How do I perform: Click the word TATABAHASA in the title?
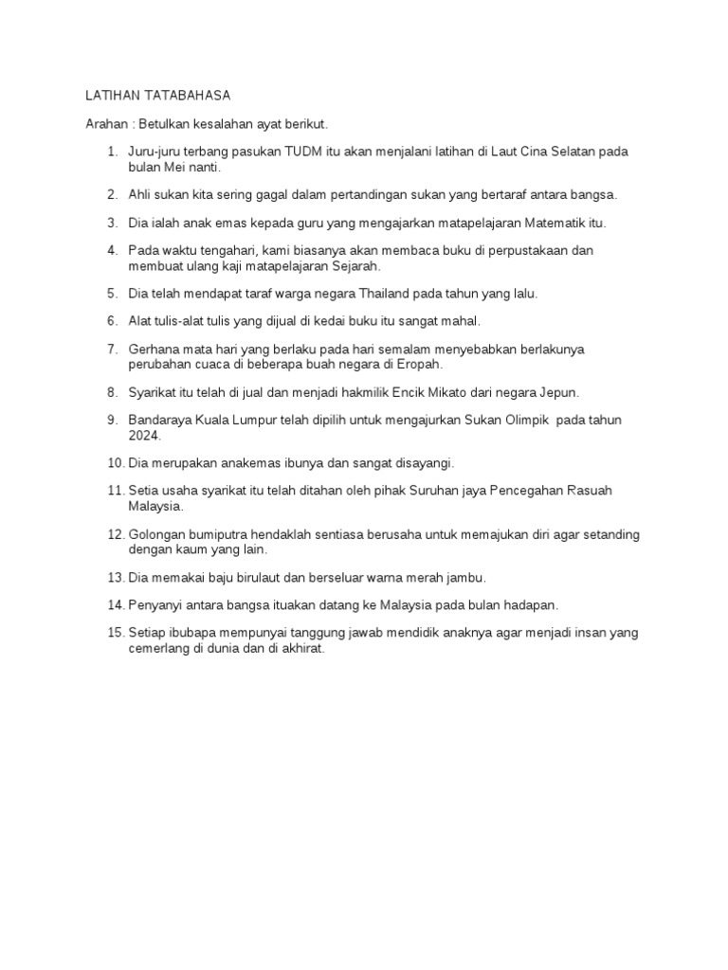[183, 97]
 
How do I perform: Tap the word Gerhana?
[155, 350]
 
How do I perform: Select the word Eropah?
[420, 364]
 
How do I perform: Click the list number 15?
[116, 632]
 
